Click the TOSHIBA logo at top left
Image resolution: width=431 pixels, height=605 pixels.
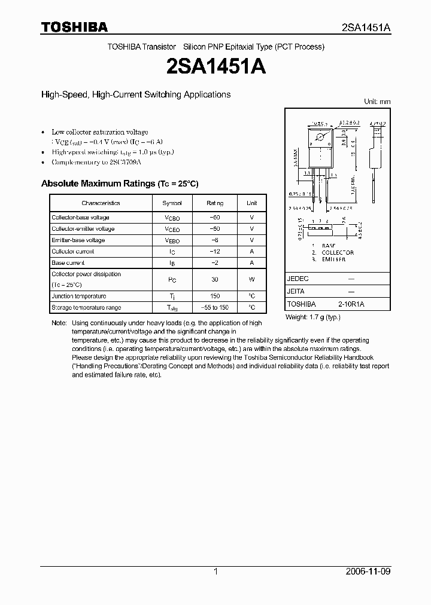74,27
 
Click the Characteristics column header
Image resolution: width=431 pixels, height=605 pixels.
101,203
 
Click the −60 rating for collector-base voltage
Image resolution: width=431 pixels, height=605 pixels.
215,218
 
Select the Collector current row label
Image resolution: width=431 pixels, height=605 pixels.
72,252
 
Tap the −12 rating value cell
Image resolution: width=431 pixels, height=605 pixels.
215,252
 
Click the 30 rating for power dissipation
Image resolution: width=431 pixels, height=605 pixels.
215,280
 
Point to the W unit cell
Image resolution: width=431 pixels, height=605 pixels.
252,280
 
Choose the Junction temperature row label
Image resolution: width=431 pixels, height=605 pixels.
78,297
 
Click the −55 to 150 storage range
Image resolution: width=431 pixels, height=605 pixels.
215,308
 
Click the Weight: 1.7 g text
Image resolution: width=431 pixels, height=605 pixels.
312,316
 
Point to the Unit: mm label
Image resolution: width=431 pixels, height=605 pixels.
377,102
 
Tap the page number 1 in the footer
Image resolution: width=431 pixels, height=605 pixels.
215,572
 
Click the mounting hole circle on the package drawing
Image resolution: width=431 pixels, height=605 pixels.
320,139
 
